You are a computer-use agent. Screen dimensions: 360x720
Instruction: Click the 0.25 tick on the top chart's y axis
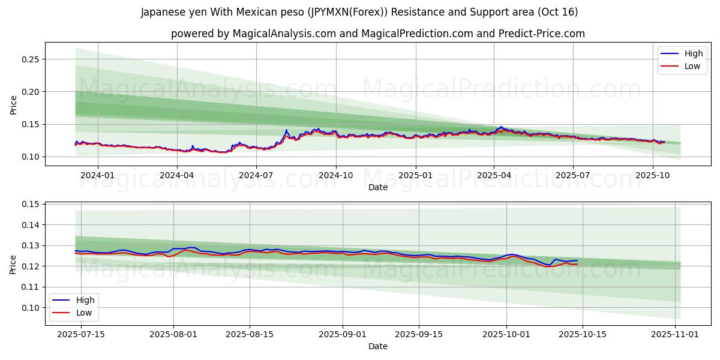pos(31,59)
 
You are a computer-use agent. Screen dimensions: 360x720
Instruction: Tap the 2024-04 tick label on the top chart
pos(177,175)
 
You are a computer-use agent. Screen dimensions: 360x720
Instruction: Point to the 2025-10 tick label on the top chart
pos(652,175)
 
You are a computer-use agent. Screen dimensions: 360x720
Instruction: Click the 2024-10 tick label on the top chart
pos(335,175)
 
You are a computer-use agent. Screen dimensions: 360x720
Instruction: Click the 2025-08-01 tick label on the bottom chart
pos(174,334)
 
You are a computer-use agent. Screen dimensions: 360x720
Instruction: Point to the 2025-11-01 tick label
pos(676,334)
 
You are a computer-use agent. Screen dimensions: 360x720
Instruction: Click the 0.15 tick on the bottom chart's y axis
pos(31,205)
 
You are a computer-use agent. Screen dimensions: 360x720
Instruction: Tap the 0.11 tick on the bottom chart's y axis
pos(31,287)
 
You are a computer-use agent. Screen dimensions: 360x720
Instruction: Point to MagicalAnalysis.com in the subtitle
pos(284,34)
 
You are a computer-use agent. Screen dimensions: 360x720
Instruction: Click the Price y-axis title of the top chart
pos(14,104)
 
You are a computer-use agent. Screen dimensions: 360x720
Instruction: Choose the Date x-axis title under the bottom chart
pos(378,346)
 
